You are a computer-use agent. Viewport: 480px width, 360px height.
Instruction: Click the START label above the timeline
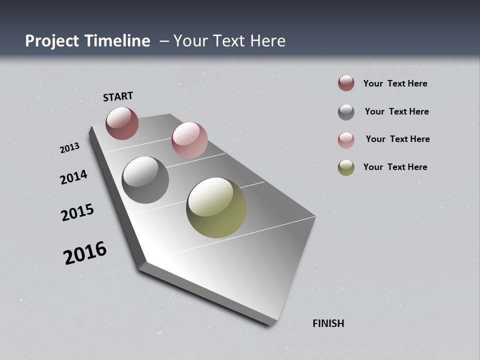(118, 96)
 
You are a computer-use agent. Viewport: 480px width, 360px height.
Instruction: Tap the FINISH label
(328, 323)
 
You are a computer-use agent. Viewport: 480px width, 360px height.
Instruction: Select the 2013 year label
(69, 148)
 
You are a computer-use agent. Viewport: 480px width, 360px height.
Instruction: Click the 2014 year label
(73, 177)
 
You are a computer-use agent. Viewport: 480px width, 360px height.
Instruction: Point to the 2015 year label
(77, 212)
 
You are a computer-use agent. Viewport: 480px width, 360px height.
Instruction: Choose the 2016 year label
(85, 253)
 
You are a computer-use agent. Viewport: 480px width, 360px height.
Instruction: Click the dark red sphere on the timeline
(122, 123)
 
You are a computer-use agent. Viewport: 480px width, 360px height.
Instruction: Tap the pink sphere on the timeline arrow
(189, 139)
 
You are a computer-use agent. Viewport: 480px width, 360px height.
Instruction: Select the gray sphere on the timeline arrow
(145, 180)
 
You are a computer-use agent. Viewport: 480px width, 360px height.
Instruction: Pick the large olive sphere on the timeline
(216, 207)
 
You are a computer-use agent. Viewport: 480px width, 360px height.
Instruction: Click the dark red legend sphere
(346, 83)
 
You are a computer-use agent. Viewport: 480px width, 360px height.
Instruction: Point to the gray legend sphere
(346, 112)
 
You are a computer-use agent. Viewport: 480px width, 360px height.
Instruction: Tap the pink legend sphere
(346, 139)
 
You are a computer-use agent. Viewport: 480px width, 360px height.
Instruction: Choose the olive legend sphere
(346, 167)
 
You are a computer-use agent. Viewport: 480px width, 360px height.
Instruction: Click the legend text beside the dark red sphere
(395, 83)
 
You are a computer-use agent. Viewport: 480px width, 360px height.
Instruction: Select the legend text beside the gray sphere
(396, 111)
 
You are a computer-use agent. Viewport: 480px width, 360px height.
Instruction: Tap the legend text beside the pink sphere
(397, 139)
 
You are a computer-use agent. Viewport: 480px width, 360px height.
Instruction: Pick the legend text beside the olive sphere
(395, 167)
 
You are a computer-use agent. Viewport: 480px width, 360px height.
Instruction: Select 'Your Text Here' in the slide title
(229, 41)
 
